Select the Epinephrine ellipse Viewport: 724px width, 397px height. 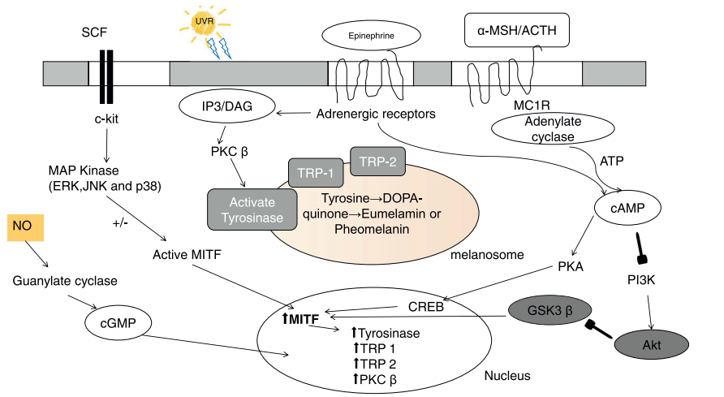(371, 35)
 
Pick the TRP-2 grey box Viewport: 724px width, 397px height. (379, 162)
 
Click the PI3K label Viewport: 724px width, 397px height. (642, 278)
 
